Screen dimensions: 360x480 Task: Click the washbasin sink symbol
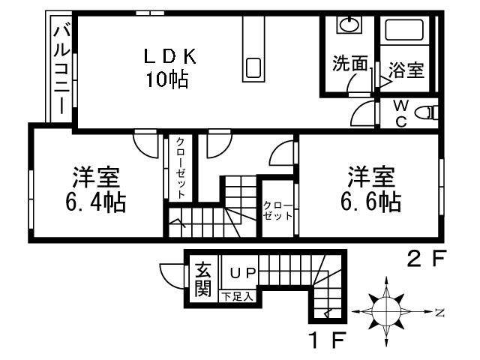[349, 25]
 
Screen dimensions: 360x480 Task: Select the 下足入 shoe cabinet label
[238, 297]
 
